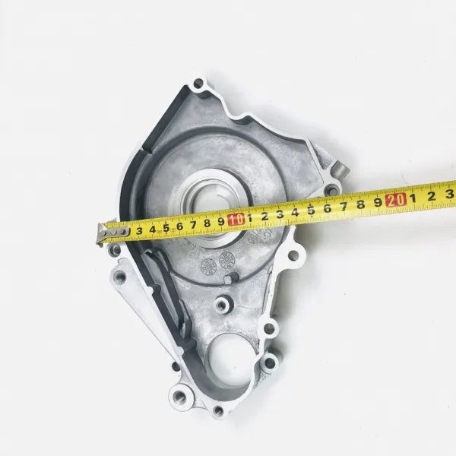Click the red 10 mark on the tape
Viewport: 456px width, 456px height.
point(236,220)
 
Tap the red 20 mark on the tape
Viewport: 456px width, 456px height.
point(395,200)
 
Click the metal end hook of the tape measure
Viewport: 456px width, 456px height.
point(112,232)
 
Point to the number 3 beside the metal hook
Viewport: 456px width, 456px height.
point(139,231)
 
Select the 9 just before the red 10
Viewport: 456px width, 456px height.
point(221,222)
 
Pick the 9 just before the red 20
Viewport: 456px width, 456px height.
point(378,202)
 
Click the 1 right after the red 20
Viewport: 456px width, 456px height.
point(413,198)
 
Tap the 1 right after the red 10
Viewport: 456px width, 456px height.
point(249,218)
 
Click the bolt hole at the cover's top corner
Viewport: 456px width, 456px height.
point(198,84)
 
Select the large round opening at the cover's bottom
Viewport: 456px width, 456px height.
point(230,359)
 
